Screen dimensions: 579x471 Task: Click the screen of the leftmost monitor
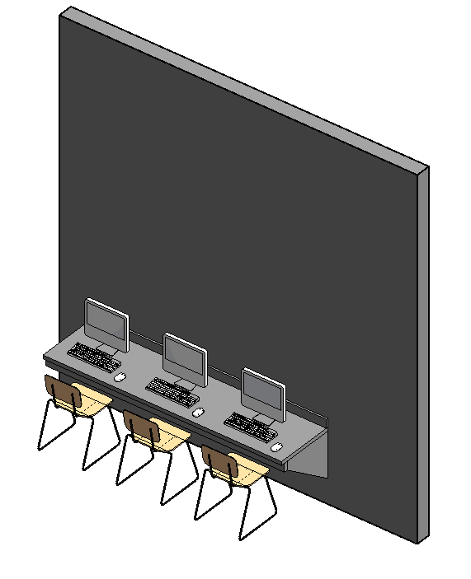pyautogui.click(x=106, y=324)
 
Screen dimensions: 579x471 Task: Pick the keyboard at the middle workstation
pyautogui.click(x=172, y=390)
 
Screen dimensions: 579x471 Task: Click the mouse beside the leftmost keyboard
pyautogui.click(x=120, y=377)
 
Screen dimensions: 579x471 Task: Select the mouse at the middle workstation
pyautogui.click(x=198, y=411)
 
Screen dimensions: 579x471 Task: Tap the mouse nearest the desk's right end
pyautogui.click(x=276, y=446)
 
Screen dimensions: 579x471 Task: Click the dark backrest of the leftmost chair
pyautogui.click(x=64, y=393)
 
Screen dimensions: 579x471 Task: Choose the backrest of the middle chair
pyautogui.click(x=141, y=428)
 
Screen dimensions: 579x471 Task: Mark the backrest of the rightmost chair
pyautogui.click(x=220, y=464)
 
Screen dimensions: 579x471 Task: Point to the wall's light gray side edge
pyautogui.click(x=422, y=354)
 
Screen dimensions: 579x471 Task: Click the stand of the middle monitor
pyautogui.click(x=188, y=384)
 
